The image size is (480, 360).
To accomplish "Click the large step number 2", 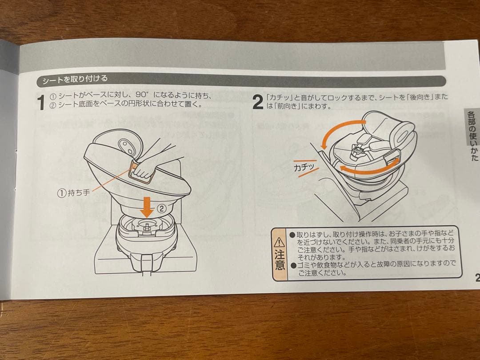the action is (x=258, y=102).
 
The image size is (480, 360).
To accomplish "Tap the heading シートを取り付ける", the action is (x=75, y=80).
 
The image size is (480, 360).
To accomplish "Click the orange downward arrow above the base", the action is (x=147, y=207).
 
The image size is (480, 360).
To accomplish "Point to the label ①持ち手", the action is (x=73, y=193).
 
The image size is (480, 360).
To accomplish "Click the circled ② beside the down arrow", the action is (x=162, y=209).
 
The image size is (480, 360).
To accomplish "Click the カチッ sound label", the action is (x=304, y=167).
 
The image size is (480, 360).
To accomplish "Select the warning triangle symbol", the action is (x=280, y=243).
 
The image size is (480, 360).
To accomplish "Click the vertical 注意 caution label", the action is (x=280, y=260).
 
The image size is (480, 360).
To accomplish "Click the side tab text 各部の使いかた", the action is (x=472, y=136).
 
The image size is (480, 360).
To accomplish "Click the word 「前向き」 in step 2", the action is (x=285, y=106).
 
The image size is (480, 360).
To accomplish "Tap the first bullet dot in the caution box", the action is (x=292, y=235).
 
